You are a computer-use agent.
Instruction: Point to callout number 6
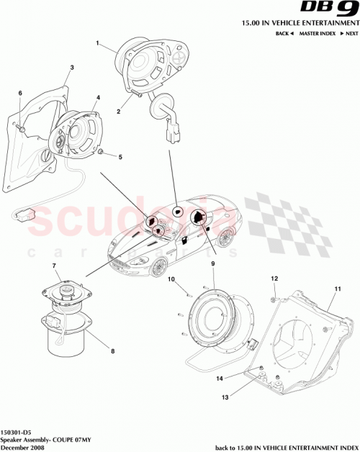click(x=20, y=93)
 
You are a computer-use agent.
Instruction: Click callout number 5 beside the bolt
click(x=121, y=156)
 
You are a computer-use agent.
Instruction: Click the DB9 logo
click(x=336, y=10)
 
